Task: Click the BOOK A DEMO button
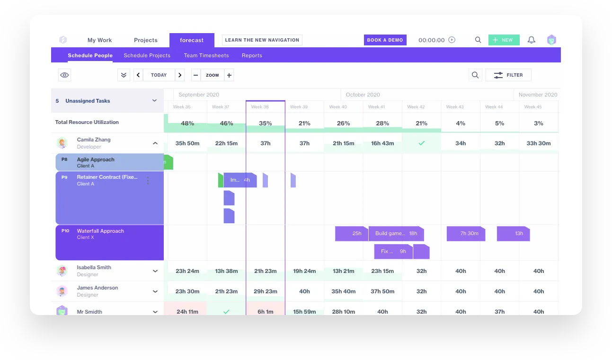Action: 385,40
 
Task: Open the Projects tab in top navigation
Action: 145,40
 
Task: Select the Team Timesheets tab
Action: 206,55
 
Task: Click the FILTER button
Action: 508,75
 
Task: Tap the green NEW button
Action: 504,40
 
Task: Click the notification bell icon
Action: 531,40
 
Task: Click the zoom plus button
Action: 229,75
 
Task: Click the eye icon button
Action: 65,75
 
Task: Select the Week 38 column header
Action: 260,107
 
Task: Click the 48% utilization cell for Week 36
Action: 187,123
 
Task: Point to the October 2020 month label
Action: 363,95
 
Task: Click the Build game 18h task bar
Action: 396,233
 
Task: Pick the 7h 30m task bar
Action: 466,233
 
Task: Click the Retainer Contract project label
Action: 107,177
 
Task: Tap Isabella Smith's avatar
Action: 62,271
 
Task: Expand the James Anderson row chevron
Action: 155,291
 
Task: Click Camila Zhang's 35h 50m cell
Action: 187,143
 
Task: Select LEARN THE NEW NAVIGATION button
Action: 262,40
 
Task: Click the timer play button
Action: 452,40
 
